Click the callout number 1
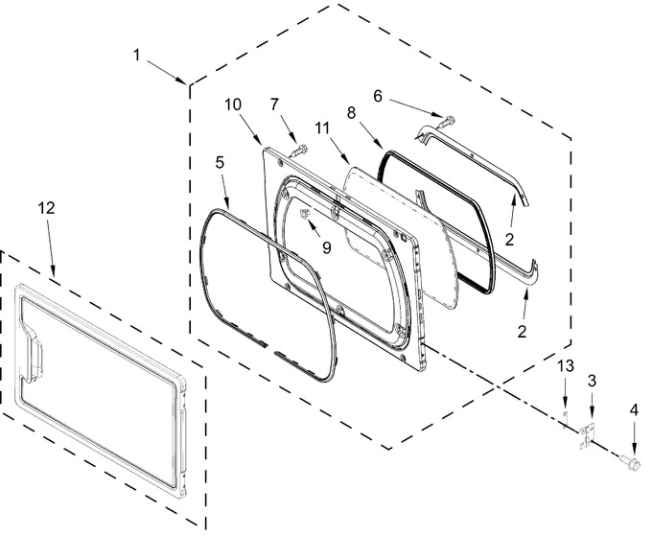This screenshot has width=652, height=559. pyautogui.click(x=137, y=55)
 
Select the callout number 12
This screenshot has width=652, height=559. pyautogui.click(x=46, y=208)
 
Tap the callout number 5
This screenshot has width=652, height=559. pyautogui.click(x=220, y=162)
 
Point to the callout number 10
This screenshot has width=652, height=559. pyautogui.click(x=233, y=105)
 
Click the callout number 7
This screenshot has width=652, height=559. pyautogui.click(x=274, y=105)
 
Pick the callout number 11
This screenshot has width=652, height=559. pyautogui.click(x=322, y=128)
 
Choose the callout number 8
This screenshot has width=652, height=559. pyautogui.click(x=352, y=113)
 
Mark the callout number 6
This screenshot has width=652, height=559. pyautogui.click(x=378, y=96)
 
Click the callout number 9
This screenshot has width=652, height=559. pyautogui.click(x=327, y=247)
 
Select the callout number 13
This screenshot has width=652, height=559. pyautogui.click(x=566, y=366)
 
